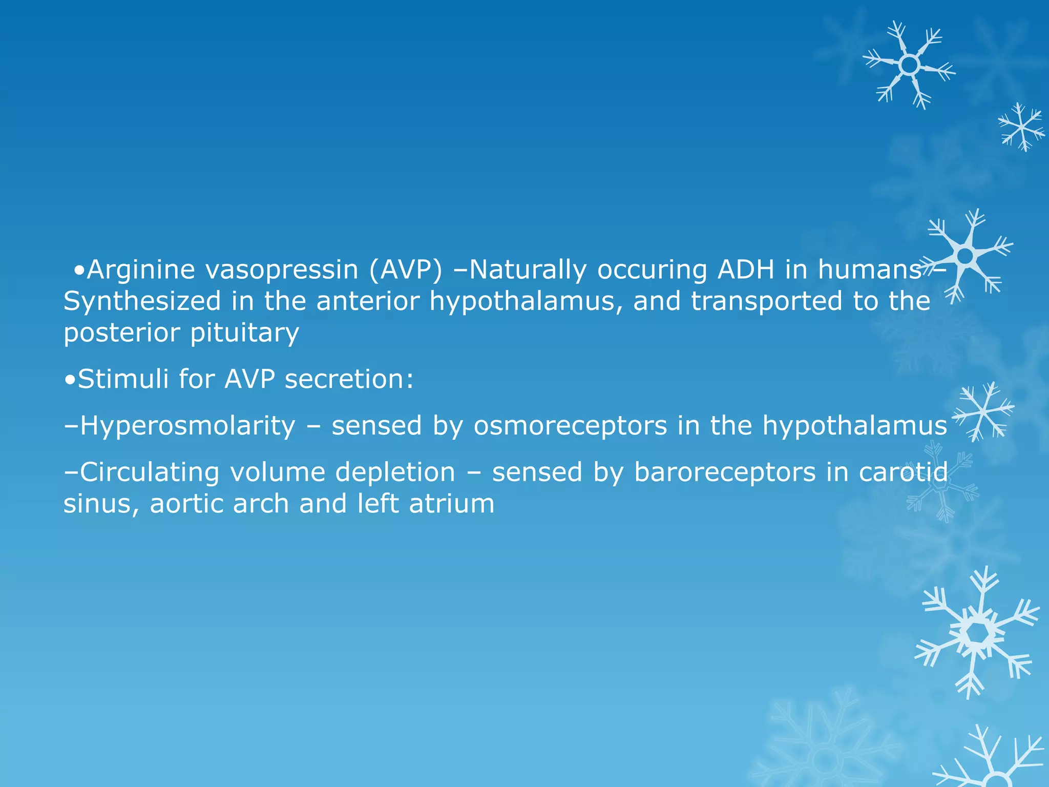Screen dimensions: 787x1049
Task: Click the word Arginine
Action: point(141,270)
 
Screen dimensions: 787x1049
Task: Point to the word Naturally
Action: point(528,270)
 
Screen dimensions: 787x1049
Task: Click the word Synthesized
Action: point(142,301)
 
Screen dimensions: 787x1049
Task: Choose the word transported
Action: point(766,301)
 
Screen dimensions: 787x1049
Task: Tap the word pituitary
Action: point(244,333)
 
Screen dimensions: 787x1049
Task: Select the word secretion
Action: point(349,379)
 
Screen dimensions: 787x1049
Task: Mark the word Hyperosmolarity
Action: point(187,426)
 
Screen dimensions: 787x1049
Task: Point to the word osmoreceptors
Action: point(570,426)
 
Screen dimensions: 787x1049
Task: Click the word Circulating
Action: point(150,472)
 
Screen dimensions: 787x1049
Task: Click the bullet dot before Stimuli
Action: point(70,380)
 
